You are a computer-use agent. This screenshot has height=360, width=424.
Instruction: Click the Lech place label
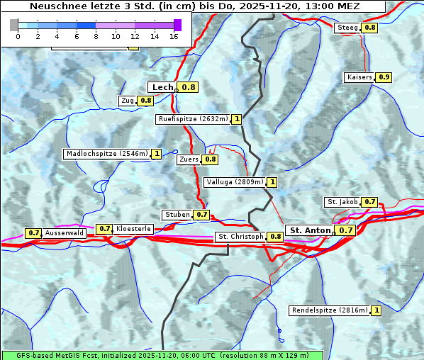[x=162, y=87]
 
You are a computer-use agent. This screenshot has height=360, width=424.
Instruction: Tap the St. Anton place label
[x=311, y=230]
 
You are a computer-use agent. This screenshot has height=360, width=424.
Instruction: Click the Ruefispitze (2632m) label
[x=193, y=119]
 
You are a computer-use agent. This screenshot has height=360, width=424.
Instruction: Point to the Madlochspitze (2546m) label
[x=107, y=153]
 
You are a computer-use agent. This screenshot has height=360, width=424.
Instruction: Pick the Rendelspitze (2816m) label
[x=330, y=310]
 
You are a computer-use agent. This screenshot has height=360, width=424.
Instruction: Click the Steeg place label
[x=347, y=28]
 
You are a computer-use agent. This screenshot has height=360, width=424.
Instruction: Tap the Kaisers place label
[x=359, y=77]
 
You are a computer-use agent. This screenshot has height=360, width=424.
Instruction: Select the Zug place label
[x=128, y=101]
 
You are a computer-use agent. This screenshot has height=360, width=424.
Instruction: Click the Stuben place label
[x=177, y=214]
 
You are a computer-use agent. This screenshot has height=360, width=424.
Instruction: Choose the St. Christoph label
[x=240, y=236]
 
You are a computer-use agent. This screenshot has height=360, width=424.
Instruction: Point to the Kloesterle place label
[x=133, y=229]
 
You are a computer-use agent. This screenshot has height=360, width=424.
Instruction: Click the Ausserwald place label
[x=65, y=232]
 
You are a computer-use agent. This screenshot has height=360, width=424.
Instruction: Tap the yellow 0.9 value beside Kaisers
[x=384, y=77]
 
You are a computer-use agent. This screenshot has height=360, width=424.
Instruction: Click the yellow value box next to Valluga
[x=272, y=182]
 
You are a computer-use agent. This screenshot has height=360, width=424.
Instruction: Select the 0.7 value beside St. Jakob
[x=369, y=202]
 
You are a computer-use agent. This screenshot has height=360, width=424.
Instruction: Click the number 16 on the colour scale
[x=174, y=36]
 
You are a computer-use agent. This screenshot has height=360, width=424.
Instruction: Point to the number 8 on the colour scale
[x=96, y=36]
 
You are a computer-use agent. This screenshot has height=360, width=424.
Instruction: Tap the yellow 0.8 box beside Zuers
[x=211, y=159]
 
